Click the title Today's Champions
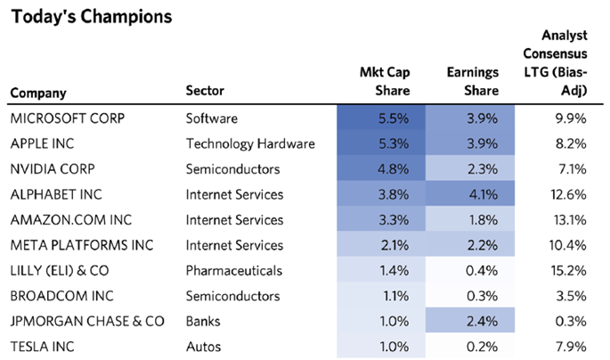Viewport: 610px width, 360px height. click(79, 17)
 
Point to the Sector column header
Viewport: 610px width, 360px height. click(205, 90)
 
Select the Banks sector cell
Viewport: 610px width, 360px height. click(203, 321)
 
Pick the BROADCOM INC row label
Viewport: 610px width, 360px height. click(54, 296)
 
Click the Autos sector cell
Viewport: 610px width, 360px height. click(202, 346)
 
